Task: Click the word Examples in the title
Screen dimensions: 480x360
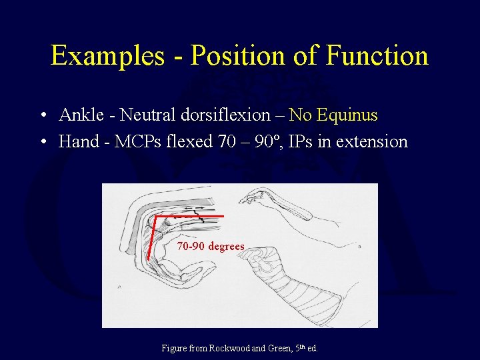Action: coord(107,55)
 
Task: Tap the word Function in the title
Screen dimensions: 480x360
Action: coord(377,55)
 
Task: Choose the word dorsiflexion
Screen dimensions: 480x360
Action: coord(225,115)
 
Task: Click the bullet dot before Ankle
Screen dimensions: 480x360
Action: coord(42,116)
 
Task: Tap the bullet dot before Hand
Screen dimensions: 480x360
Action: coord(42,142)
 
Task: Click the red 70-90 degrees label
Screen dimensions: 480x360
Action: coord(211,247)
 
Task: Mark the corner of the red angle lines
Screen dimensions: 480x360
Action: coord(155,217)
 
